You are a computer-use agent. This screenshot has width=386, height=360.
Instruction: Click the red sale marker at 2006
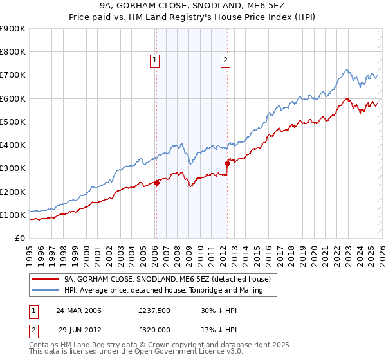point(156,183)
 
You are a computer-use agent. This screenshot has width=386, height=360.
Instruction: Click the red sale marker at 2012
point(227,163)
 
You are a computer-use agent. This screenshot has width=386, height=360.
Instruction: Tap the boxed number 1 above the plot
point(156,61)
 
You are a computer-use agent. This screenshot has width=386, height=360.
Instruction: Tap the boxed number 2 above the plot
point(226,61)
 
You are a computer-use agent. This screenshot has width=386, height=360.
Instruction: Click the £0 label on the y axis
point(19,238)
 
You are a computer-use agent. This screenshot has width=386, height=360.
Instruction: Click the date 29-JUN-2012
point(78,328)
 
